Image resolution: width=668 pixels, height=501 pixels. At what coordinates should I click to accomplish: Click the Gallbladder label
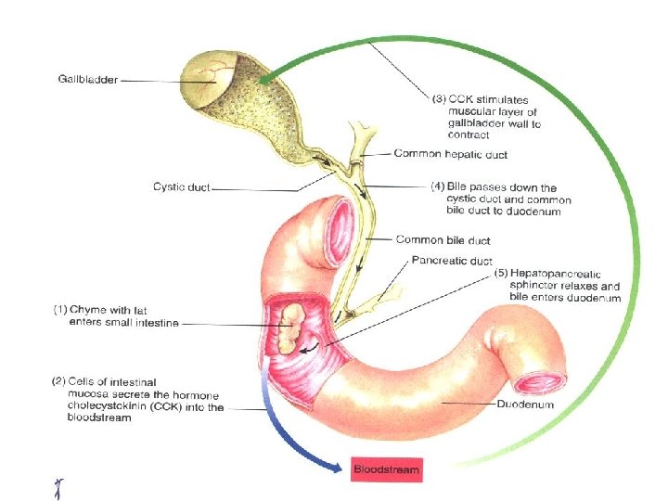coord(87,80)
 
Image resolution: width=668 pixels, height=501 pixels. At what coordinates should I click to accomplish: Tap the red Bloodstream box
coord(386,469)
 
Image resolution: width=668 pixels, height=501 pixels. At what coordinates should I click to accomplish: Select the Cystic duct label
coord(182,186)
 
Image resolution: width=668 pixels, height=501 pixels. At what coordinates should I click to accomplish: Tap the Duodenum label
coord(525,405)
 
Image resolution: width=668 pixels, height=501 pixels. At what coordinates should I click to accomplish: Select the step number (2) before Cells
coord(58,381)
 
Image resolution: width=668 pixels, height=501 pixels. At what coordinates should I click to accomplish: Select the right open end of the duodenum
coord(542,379)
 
